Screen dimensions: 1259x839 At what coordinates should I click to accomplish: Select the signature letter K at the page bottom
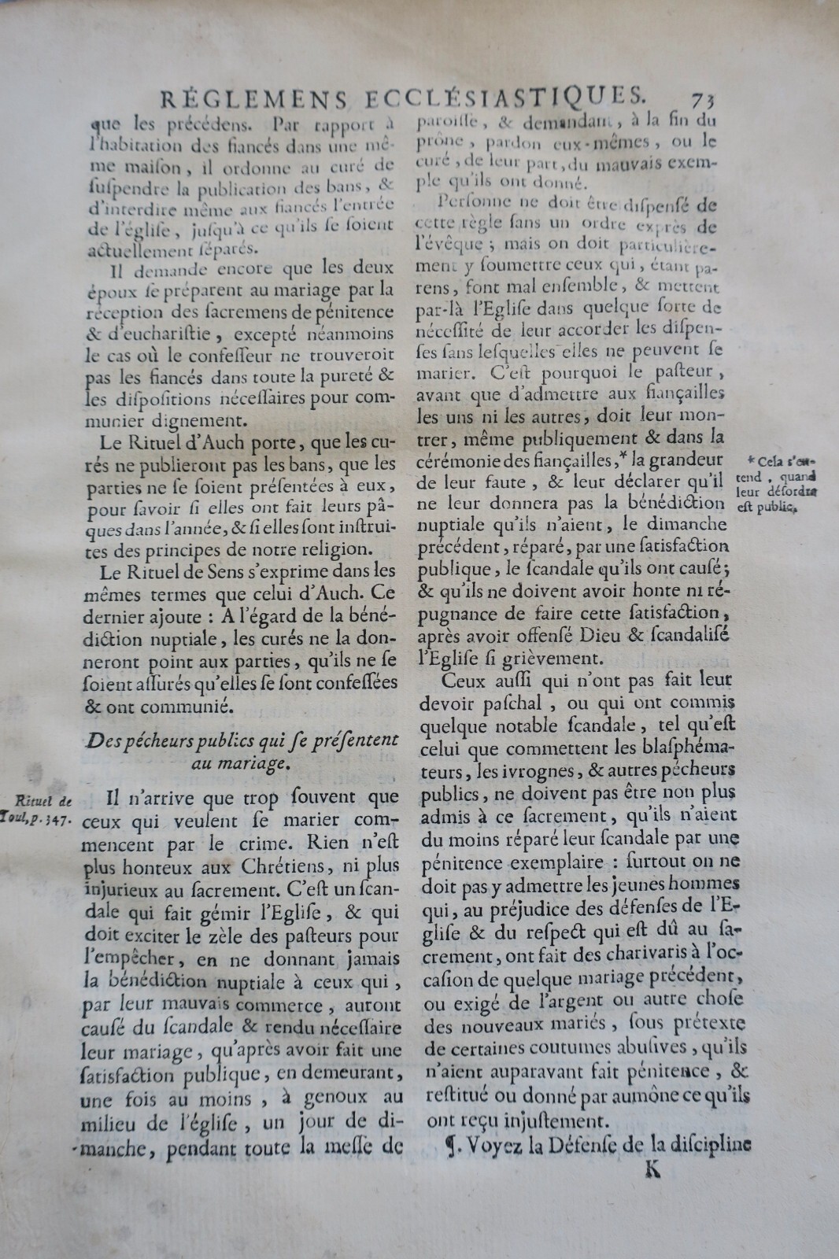tap(652, 1169)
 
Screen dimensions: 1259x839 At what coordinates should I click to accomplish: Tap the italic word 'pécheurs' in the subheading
tap(173, 740)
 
